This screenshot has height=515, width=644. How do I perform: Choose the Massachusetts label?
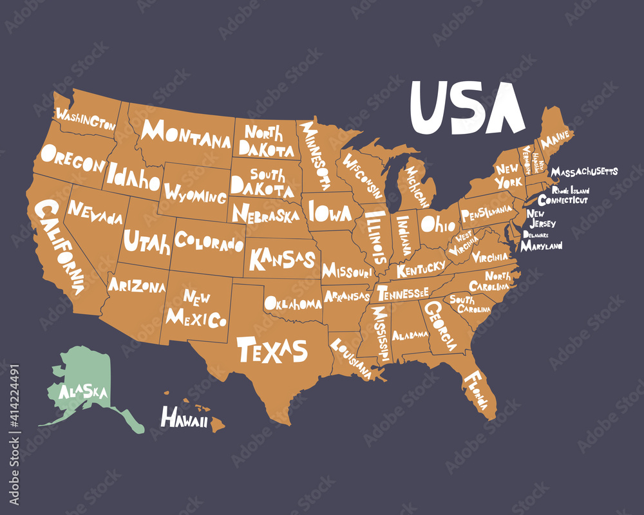tap(585, 172)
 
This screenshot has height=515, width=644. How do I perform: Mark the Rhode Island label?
tap(570, 191)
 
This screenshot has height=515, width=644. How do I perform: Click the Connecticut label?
tap(563, 200)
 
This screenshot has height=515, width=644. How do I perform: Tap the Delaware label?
tap(536, 235)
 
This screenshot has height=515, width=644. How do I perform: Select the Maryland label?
tap(541, 246)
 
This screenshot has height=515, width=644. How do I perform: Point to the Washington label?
tap(86, 119)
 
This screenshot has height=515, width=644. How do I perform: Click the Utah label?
tap(147, 243)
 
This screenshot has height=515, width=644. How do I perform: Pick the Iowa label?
tap(330, 212)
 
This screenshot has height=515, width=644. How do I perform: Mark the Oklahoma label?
tap(293, 303)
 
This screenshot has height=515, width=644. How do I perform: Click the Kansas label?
tap(282, 259)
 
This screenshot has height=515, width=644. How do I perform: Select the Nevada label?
tap(95, 213)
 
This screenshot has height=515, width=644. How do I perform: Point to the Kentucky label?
tap(421, 268)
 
